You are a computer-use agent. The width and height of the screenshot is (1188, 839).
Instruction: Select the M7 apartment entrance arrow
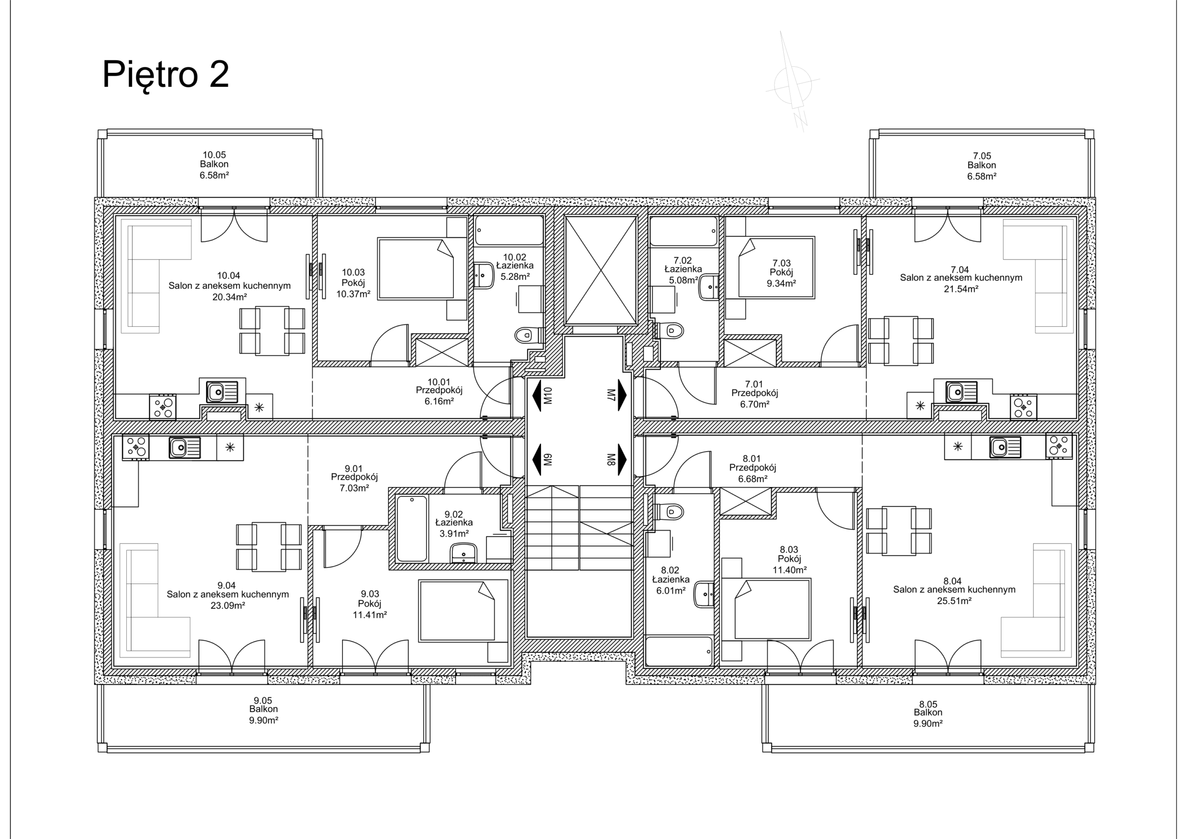pyautogui.click(x=622, y=395)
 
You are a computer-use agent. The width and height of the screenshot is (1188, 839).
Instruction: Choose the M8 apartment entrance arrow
pyautogui.click(x=622, y=459)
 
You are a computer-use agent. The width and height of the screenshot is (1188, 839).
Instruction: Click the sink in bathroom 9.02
pyautogui.click(x=464, y=553)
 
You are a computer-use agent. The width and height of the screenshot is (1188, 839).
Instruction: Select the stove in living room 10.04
pyautogui.click(x=163, y=407)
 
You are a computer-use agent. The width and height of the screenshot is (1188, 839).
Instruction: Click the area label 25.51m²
pyautogui.click(x=954, y=601)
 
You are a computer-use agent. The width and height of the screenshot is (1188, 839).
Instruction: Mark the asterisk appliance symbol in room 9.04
pyautogui.click(x=230, y=447)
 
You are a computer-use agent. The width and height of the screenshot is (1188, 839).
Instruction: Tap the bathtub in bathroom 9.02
pyautogui.click(x=412, y=528)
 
